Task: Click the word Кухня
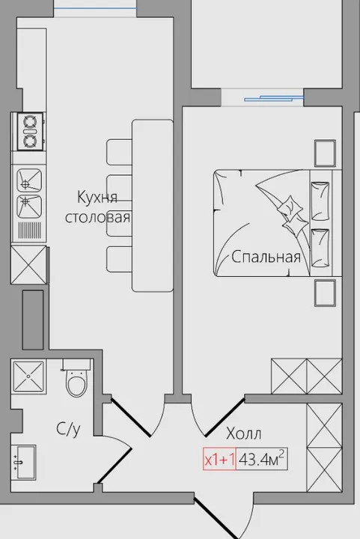pos(97,198)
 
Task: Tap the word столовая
pos(98,218)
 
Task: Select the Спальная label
pos(266,257)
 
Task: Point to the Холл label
pos(243,433)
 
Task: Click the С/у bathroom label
pos(68,429)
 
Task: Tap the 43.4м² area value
pos(262,459)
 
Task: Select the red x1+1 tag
pos(219,460)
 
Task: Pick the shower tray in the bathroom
pos(28,376)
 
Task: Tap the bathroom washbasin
pos(24,462)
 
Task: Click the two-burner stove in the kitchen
pos(29,131)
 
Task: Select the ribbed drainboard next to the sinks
pos(29,231)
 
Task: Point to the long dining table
pos(153,206)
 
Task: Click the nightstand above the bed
pos(325,153)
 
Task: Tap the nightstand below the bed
pos(325,293)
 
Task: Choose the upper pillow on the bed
pos(320,201)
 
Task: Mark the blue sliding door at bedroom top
pos(274,99)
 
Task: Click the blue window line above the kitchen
pos(95,8)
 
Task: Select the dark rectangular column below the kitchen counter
pos(33,320)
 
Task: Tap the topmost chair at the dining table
pos(119,152)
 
